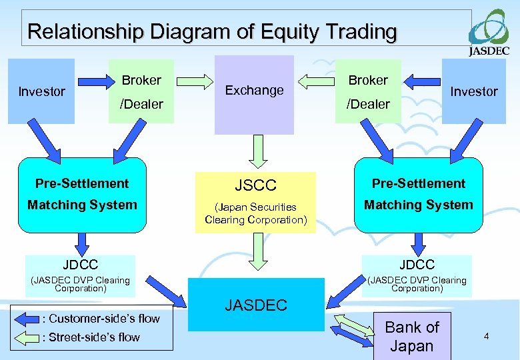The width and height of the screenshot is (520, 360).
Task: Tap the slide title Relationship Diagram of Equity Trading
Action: [212, 31]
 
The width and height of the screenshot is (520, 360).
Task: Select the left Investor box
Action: [41, 91]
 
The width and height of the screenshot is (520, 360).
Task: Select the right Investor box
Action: [474, 91]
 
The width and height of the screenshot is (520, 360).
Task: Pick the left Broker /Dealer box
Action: [141, 91]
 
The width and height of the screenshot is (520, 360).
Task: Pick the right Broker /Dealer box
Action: [368, 91]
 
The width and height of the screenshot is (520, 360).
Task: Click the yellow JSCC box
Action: [256, 200]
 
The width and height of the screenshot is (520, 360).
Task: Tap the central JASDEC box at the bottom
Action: [256, 305]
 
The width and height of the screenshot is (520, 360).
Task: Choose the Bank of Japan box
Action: [412, 336]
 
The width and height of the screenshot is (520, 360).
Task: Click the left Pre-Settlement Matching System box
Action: [82, 193]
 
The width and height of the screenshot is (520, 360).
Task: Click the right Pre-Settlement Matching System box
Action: [418, 193]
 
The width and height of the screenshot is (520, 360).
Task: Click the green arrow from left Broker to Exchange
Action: [194, 82]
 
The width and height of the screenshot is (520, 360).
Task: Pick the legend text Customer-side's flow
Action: [101, 319]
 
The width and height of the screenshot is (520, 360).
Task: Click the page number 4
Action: [486, 337]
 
